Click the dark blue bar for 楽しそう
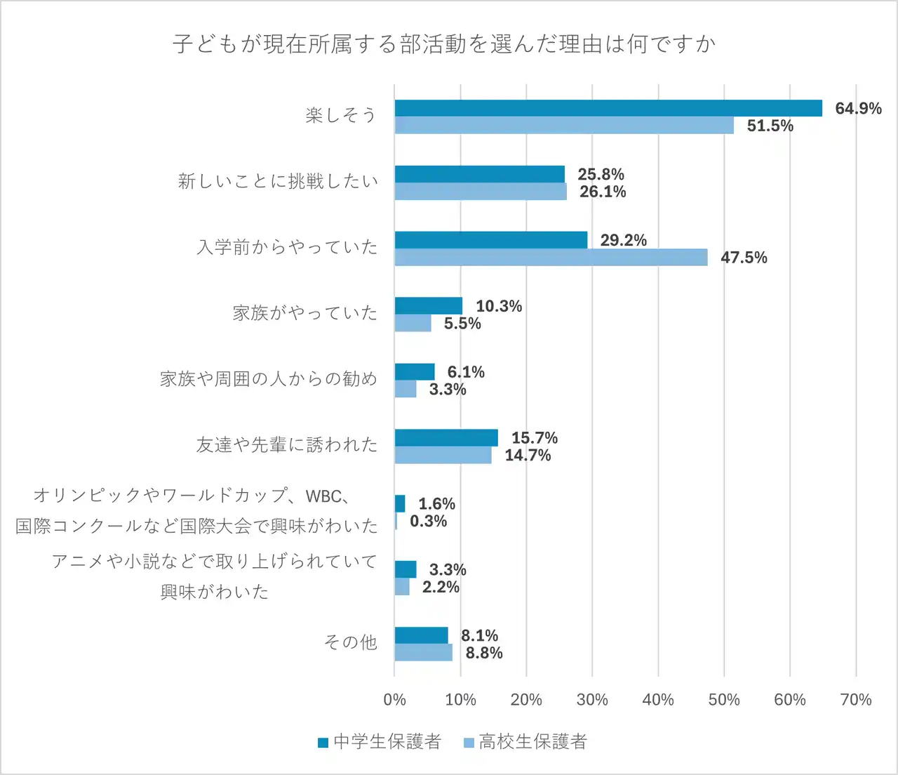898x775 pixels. (608, 108)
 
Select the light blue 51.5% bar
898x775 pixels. (564, 126)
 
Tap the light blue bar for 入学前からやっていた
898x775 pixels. (551, 258)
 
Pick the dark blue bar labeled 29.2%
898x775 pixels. (490, 240)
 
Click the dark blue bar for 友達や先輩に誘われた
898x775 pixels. (446, 438)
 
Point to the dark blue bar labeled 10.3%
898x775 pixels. (429, 306)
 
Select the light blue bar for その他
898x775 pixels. (423, 653)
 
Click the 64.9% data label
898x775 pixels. (857, 108)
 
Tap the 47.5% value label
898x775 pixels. (744, 258)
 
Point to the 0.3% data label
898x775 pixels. (428, 521)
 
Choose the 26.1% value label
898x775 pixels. (603, 192)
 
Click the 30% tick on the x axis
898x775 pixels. (592, 700)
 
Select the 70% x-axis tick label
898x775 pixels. (856, 700)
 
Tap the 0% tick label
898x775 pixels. (394, 700)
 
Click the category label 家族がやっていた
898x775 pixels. (305, 313)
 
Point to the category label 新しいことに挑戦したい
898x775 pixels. (278, 182)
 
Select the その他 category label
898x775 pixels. (350, 642)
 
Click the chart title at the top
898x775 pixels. (444, 44)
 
